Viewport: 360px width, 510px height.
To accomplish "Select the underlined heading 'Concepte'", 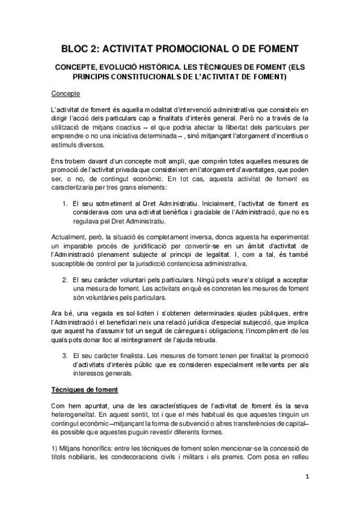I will coord(66,94).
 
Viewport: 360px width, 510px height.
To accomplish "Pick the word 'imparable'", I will coord(77,247).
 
